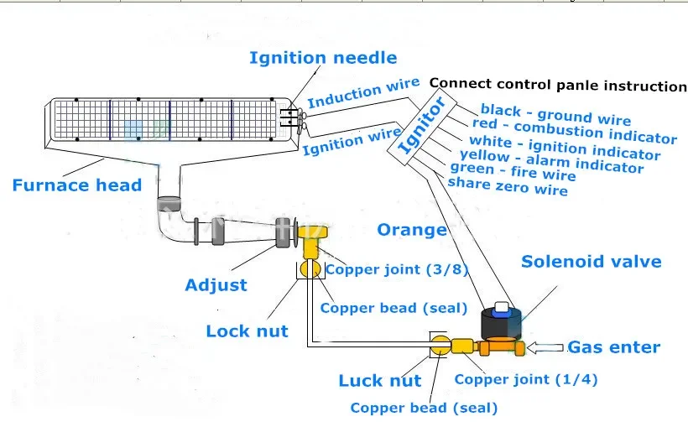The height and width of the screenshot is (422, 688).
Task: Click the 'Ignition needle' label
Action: [323, 58]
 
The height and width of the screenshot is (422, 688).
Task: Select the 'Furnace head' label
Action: [77, 185]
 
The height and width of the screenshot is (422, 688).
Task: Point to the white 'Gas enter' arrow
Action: [545, 348]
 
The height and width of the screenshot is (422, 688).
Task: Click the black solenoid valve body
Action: [502, 324]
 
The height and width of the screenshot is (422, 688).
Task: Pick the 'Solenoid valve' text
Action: [591, 262]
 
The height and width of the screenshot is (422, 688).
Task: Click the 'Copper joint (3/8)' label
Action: [397, 269]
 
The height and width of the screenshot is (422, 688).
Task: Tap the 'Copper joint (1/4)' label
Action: [526, 379]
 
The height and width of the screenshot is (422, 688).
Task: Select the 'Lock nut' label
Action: [247, 331]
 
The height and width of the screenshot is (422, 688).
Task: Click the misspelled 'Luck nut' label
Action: [380, 381]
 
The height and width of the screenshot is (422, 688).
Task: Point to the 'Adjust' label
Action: [216, 285]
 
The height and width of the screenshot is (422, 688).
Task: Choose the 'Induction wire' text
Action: [363, 93]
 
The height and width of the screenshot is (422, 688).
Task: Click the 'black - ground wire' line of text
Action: [555, 114]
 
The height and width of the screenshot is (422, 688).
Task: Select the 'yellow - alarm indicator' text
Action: [551, 161]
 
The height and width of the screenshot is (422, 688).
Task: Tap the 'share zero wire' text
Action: [508, 186]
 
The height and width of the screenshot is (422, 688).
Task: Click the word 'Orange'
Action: [412, 231]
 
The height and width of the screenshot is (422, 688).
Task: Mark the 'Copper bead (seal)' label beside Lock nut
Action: [394, 308]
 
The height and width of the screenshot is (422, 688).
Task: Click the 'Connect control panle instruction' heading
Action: [558, 85]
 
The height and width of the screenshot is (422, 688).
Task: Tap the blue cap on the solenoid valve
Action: [501, 312]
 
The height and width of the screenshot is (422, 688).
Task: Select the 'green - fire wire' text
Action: [513, 171]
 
